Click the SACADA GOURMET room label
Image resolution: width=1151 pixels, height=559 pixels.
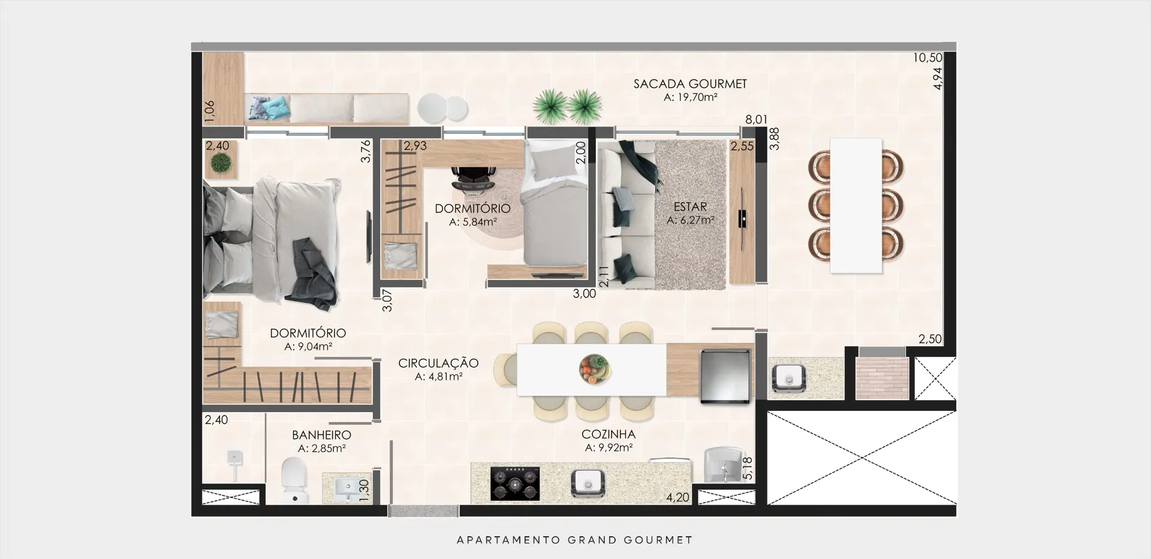click(690, 84)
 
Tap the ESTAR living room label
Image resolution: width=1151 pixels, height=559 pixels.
click(690, 207)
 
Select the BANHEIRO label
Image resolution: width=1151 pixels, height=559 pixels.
click(321, 435)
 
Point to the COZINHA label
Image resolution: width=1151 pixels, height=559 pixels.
click(608, 434)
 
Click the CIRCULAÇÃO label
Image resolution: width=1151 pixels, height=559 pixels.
click(438, 363)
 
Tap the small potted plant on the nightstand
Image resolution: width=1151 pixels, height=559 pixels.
click(221, 163)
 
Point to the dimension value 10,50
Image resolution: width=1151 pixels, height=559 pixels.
click(928, 58)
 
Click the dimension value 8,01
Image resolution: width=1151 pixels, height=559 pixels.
click(756, 119)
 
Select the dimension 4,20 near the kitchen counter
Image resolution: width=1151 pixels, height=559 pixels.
click(677, 497)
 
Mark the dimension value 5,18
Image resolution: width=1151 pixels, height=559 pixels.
click(747, 468)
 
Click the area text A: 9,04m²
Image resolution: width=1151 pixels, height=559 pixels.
click(308, 347)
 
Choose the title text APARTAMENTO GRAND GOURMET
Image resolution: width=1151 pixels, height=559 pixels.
click(575, 540)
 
